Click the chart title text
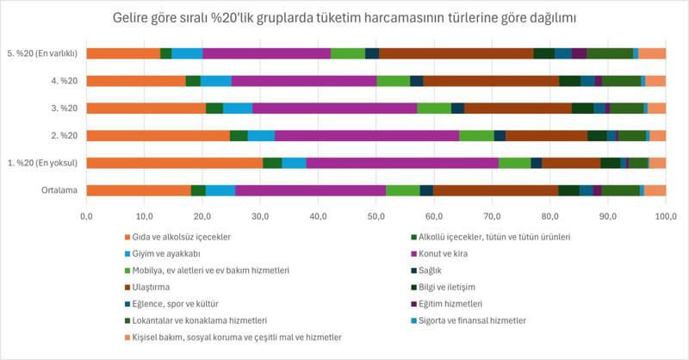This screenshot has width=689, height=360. [x=344, y=17]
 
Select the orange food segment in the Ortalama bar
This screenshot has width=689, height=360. [x=138, y=190]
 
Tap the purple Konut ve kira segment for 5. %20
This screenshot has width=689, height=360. [x=266, y=53]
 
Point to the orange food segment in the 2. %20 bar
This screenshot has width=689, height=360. [x=158, y=135]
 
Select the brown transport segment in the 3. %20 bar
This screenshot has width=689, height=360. [x=518, y=108]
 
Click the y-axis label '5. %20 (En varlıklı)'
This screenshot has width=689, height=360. [x=40, y=53]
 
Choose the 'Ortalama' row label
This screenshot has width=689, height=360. [x=59, y=190]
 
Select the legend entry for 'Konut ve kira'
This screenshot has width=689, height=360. [x=444, y=253]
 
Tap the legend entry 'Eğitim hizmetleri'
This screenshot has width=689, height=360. [x=456, y=303]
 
